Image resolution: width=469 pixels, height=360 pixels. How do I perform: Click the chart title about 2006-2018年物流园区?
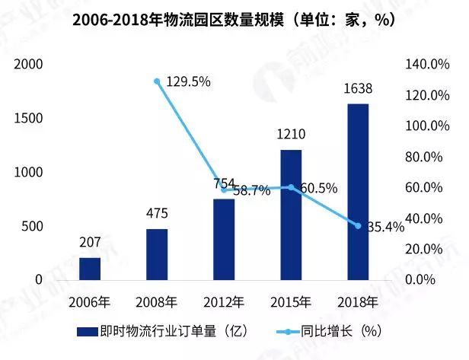click(x=234, y=21)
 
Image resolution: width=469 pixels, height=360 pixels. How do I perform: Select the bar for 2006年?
click(x=90, y=269)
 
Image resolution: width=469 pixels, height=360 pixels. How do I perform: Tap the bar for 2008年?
click(x=157, y=254)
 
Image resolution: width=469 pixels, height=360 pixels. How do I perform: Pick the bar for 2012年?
click(x=224, y=239)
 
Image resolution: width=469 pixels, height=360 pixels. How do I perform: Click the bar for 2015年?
click(x=291, y=215)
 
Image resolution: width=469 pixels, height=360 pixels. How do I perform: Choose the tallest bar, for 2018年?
click(x=358, y=192)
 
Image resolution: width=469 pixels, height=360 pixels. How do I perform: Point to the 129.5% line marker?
click(x=157, y=81)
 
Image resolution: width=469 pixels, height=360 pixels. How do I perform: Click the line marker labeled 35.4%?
click(x=358, y=225)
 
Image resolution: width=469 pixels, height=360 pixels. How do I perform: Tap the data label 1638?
click(x=358, y=90)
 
